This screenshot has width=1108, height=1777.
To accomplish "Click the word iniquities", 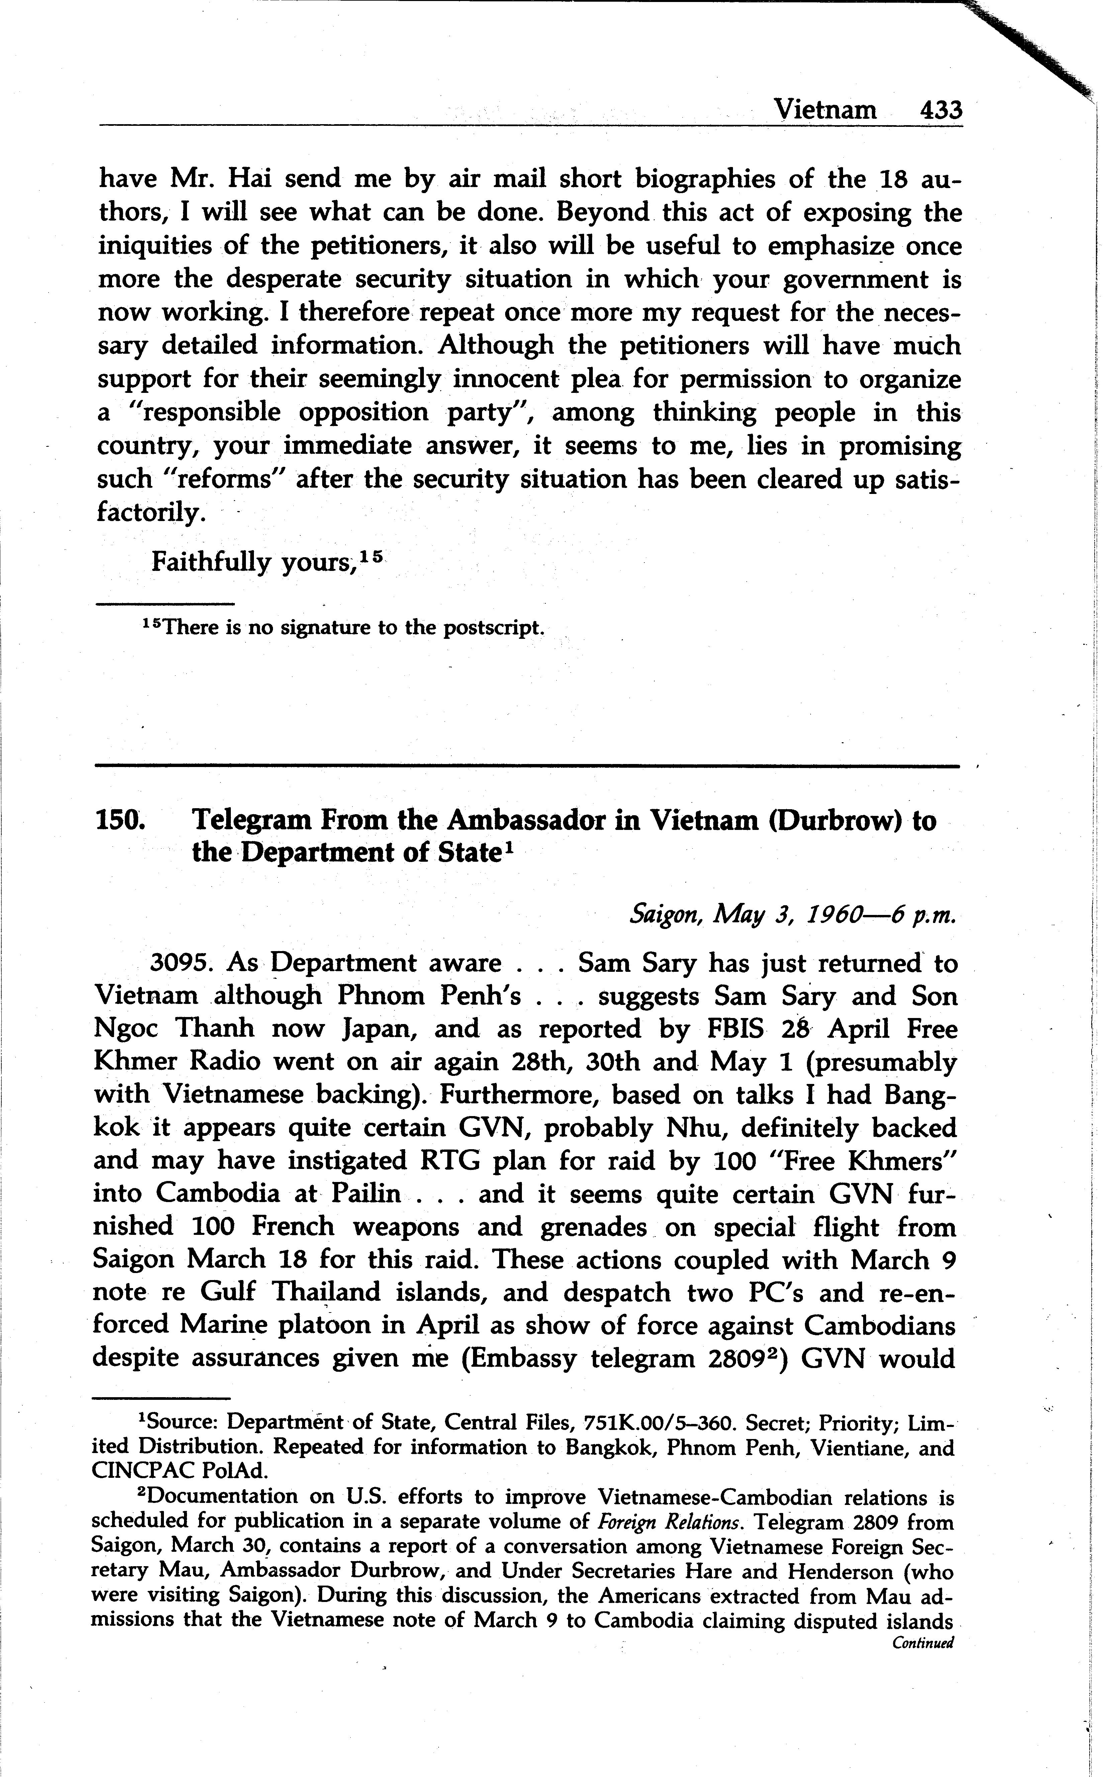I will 154,246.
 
